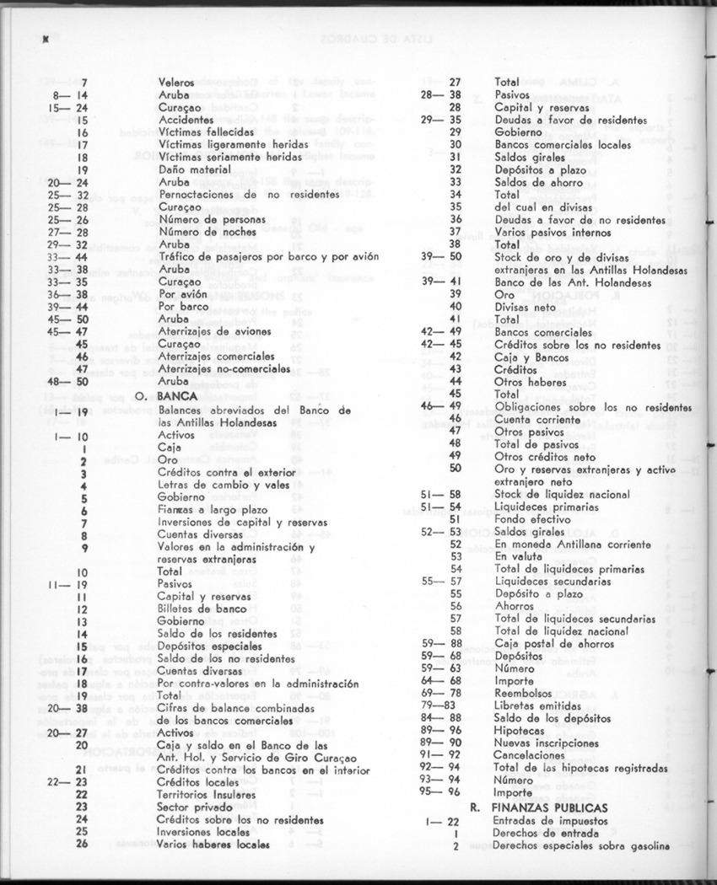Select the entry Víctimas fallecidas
click(206, 132)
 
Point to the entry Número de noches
click(201, 231)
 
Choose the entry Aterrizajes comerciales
click(218, 357)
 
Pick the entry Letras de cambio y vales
click(222, 485)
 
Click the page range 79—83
click(439, 705)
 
